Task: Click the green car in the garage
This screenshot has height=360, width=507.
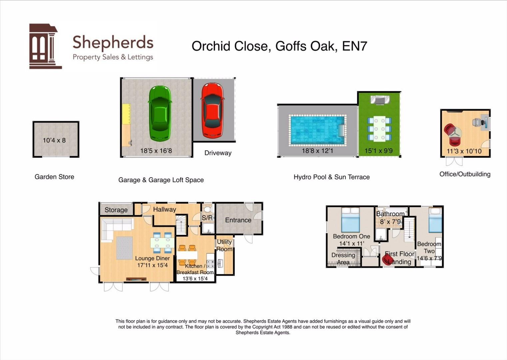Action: pyautogui.click(x=160, y=113)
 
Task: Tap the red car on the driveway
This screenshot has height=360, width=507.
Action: pyautogui.click(x=212, y=110)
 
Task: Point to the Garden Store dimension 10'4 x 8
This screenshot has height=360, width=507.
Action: pyautogui.click(x=54, y=140)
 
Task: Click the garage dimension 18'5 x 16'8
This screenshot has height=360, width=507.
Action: pyautogui.click(x=156, y=151)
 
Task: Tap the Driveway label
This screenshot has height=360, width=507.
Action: pyautogui.click(x=218, y=153)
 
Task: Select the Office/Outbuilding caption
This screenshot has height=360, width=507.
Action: pyautogui.click(x=465, y=174)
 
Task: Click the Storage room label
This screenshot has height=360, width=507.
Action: pyautogui.click(x=116, y=210)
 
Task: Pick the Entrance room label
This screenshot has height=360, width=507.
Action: pyautogui.click(x=238, y=220)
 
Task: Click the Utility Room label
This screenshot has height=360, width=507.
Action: pyautogui.click(x=225, y=245)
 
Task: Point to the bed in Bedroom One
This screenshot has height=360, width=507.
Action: pyautogui.click(x=350, y=220)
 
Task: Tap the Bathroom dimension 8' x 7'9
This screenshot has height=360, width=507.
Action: pyautogui.click(x=390, y=222)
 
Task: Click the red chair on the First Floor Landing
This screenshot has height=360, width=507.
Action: pyautogui.click(x=388, y=260)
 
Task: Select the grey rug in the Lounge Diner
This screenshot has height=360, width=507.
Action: pyautogui.click(x=125, y=248)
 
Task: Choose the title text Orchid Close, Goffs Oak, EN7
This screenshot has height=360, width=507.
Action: pyautogui.click(x=279, y=46)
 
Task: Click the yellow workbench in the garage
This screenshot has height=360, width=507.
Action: pyautogui.click(x=126, y=114)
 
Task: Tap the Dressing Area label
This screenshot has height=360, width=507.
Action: pyautogui.click(x=343, y=259)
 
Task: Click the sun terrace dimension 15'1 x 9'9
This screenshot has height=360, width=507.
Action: pyautogui.click(x=378, y=151)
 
